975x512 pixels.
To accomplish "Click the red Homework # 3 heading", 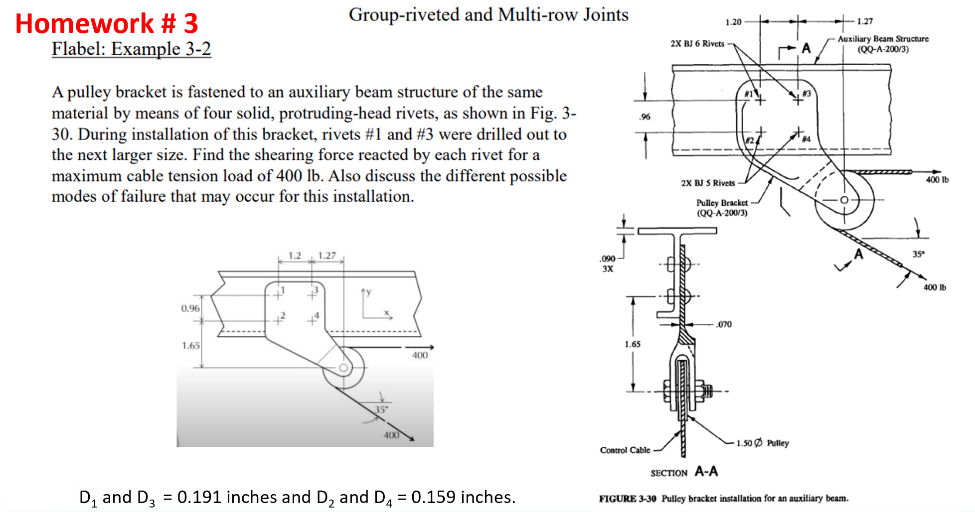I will coord(106,23).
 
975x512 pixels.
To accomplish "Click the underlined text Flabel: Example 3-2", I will coord(131,49).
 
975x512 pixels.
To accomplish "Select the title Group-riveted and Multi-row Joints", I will coord(488,14).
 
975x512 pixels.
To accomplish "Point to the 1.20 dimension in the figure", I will coord(733,22).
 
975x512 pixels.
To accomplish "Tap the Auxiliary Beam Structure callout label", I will coord(883,43).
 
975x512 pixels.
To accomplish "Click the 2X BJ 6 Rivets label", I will coord(697,44).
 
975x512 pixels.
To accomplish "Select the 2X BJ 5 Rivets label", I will coord(708,183).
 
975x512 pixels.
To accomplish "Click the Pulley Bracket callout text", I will coord(722,208).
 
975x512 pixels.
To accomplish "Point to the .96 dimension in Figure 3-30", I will coord(645,117).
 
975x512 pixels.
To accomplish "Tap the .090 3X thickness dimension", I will coord(607,263).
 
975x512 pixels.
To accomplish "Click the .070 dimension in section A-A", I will coord(724,324).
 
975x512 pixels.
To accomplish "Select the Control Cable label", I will coord(625,450).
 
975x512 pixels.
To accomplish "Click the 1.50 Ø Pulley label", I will coord(763,443).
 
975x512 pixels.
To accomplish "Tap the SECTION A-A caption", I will coord(684,472).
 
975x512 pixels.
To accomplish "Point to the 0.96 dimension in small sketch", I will coord(190,308).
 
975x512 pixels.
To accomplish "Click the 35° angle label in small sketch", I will coord(381,409).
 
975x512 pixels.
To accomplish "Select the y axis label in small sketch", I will coord(368,292).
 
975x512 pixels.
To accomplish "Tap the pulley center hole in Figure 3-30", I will coord(844,200).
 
